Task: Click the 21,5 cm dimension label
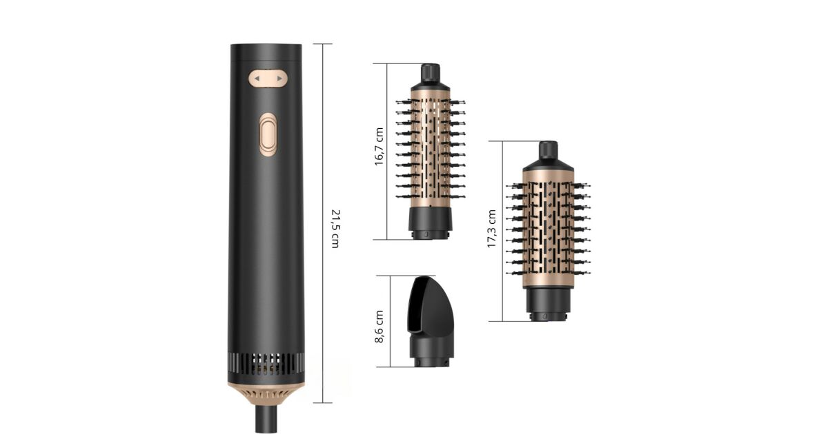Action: [335, 229]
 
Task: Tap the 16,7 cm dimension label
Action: [379, 147]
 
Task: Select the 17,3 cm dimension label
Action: [491, 229]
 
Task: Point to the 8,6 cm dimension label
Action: [379, 327]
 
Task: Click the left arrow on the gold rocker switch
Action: [257, 79]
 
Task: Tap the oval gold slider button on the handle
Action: [268, 135]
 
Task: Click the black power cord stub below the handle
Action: [266, 420]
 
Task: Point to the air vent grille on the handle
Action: [266, 364]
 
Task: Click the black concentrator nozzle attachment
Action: [431, 321]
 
